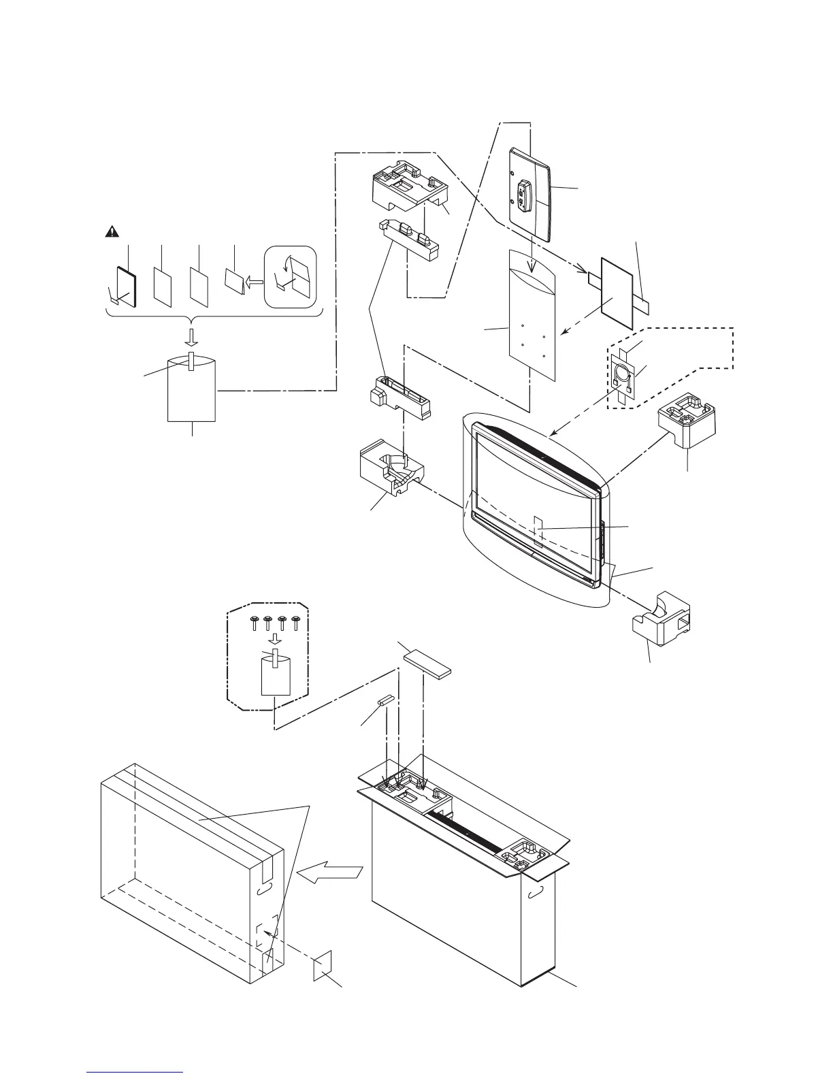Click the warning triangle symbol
pos(111,232)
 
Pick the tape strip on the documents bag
pos(193,361)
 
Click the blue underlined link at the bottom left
pos(136,1073)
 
